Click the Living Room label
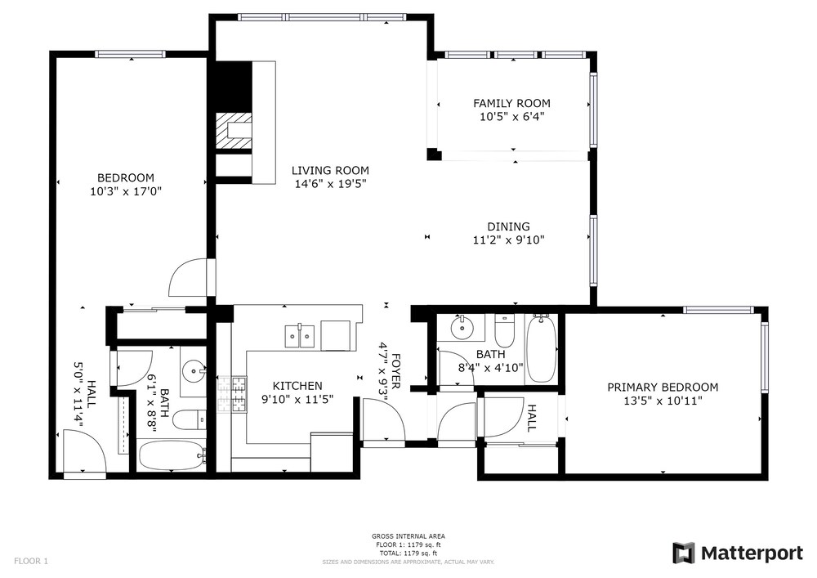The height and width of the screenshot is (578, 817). tap(330, 170)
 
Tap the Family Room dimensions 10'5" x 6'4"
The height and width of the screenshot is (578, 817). tap(511, 117)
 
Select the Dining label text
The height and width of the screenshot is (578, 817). tap(508, 226)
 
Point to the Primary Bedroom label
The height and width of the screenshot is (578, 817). tap(663, 388)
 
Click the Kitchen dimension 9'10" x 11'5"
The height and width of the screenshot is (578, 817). tap(297, 400)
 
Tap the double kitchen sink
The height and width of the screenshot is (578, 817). tap(300, 336)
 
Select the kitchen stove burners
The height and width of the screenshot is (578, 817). tap(232, 394)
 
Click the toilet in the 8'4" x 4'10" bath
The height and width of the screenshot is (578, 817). tap(504, 331)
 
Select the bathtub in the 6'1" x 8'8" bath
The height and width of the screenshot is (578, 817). tap(172, 455)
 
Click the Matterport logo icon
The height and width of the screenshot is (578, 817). tap(684, 553)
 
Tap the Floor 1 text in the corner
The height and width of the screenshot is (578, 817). tap(31, 562)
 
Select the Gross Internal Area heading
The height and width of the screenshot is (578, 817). tap(408, 535)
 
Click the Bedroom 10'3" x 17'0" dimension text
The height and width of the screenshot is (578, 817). tap(126, 191)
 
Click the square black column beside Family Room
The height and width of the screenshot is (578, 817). tap(434, 155)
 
